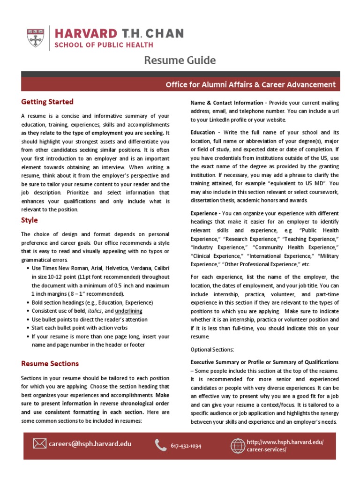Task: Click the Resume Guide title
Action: click(x=180, y=60)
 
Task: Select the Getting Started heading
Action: click(x=47, y=102)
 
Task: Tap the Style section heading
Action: click(x=30, y=220)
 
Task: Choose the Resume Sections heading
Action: click(x=50, y=363)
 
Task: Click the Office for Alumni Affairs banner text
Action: click(x=250, y=84)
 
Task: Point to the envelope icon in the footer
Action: click(x=39, y=443)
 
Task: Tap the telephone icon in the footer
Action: click(x=161, y=445)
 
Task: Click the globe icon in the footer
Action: click(x=238, y=445)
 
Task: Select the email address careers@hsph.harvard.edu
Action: click(x=90, y=443)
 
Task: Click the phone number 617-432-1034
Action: click(x=186, y=446)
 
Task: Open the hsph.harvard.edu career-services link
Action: click(x=285, y=446)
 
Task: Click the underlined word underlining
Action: click(x=129, y=311)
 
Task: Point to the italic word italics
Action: click(x=95, y=311)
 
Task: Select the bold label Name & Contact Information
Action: click(x=227, y=103)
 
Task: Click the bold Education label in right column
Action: click(x=202, y=133)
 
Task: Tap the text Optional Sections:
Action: click(x=212, y=350)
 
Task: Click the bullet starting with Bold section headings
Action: click(x=92, y=302)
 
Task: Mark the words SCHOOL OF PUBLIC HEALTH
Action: click(x=104, y=45)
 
